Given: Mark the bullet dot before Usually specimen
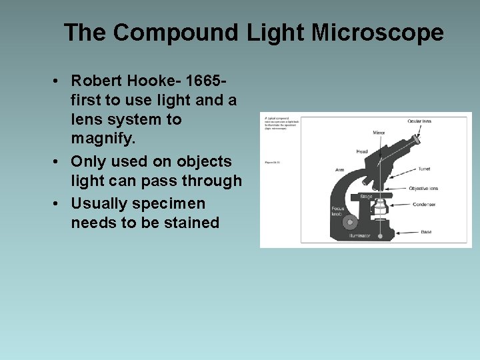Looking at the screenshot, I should (x=59, y=203).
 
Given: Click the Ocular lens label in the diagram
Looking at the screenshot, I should (x=419, y=121).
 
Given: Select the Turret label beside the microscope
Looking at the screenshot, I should (x=424, y=169).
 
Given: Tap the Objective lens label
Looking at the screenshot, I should (x=423, y=189).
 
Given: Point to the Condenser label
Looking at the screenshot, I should (x=425, y=204).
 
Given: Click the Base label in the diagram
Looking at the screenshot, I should (x=426, y=232).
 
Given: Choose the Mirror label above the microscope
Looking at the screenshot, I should (x=379, y=133).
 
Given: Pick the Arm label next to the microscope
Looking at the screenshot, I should (x=339, y=170).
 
